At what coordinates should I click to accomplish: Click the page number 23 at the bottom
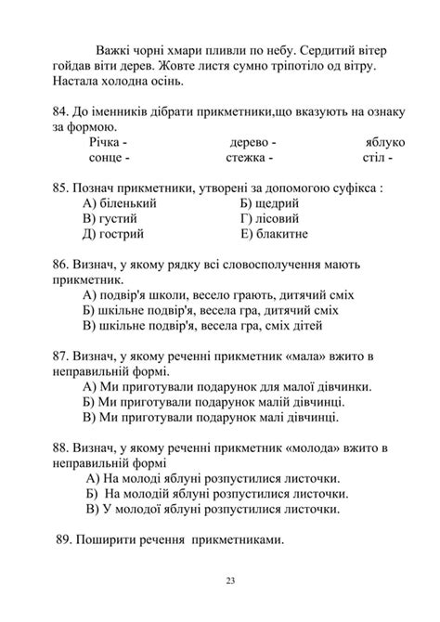click(x=230, y=581)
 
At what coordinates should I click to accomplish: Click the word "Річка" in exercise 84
click(x=105, y=143)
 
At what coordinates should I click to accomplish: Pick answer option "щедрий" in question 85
click(x=275, y=202)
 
